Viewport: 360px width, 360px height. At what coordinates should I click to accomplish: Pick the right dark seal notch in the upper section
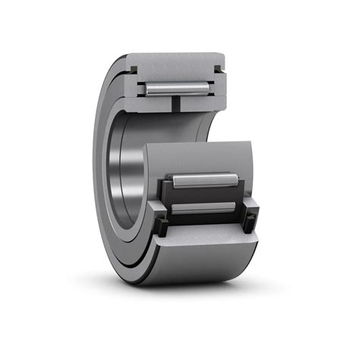pyautogui.click(x=220, y=69)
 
